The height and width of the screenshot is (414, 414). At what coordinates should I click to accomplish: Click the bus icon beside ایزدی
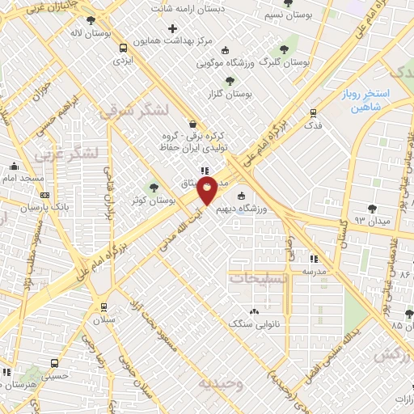pyautogui.click(x=121, y=47)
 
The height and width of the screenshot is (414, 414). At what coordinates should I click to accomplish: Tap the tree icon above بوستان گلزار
pyautogui.click(x=231, y=81)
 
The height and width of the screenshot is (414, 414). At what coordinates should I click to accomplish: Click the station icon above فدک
pyautogui.click(x=313, y=112)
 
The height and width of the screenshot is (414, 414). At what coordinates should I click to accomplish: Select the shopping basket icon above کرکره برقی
pyautogui.click(x=192, y=124)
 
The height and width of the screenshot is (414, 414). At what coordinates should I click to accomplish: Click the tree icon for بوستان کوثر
pyautogui.click(x=153, y=188)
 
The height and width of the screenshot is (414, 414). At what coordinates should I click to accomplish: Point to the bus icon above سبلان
pyautogui.click(x=103, y=307)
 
